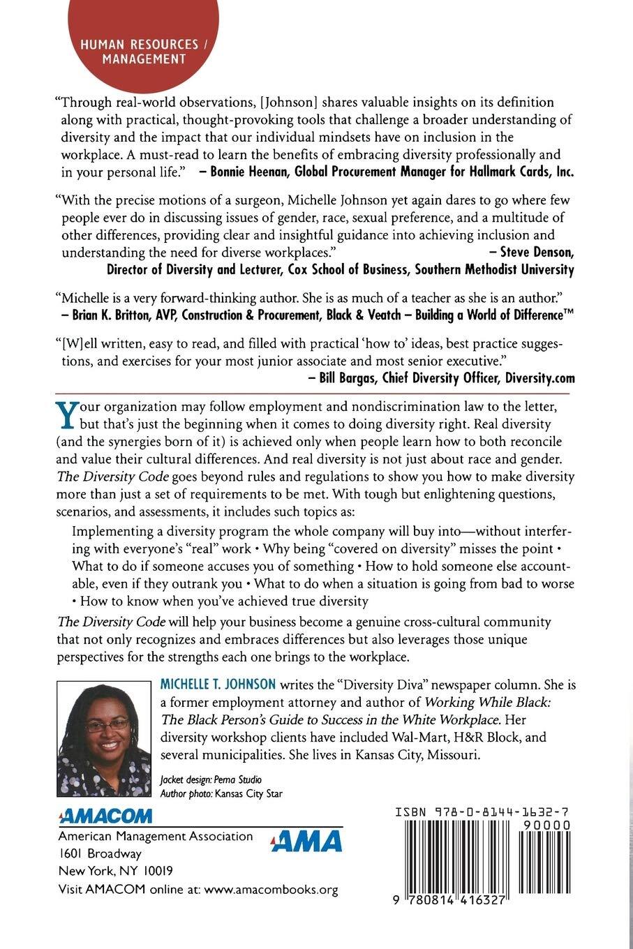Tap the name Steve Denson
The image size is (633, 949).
pyautogui.click(x=537, y=252)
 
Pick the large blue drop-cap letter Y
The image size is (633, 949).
pyautogui.click(x=65, y=414)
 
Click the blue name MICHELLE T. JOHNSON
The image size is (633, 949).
pyautogui.click(x=218, y=685)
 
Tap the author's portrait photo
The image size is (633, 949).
pyautogui.click(x=103, y=738)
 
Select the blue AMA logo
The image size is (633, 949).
pyautogui.click(x=306, y=842)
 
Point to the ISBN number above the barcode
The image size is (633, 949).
pyautogui.click(x=482, y=812)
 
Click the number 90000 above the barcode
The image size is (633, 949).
pyautogui.click(x=546, y=825)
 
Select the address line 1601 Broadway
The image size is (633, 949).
pyautogui.click(x=100, y=853)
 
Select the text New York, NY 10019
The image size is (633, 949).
pyautogui.click(x=116, y=871)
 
